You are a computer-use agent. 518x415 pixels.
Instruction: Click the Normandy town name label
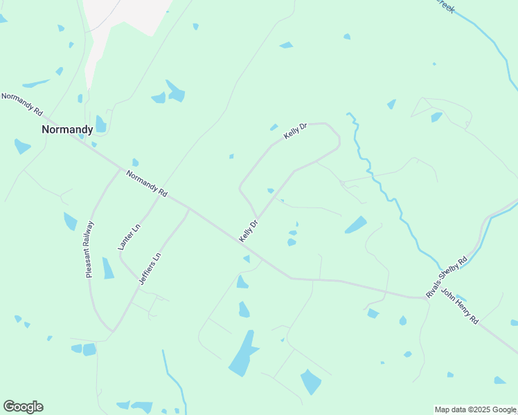click(67, 129)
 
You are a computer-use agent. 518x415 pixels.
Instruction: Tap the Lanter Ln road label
click(129, 237)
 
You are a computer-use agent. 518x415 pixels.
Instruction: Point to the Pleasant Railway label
click(89, 249)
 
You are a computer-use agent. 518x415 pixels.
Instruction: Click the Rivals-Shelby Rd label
click(447, 277)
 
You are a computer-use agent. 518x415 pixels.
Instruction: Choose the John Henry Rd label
click(460, 306)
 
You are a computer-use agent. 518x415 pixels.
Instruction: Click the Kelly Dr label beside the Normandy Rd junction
click(249, 231)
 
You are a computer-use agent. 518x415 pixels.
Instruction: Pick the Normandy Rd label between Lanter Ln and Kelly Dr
click(147, 183)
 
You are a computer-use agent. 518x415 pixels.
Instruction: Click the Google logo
click(23, 407)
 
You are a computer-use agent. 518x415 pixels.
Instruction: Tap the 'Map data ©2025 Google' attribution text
click(476, 409)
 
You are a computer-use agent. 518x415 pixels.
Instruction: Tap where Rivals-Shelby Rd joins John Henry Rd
click(425, 298)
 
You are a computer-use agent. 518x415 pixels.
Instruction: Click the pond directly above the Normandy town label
click(100, 124)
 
